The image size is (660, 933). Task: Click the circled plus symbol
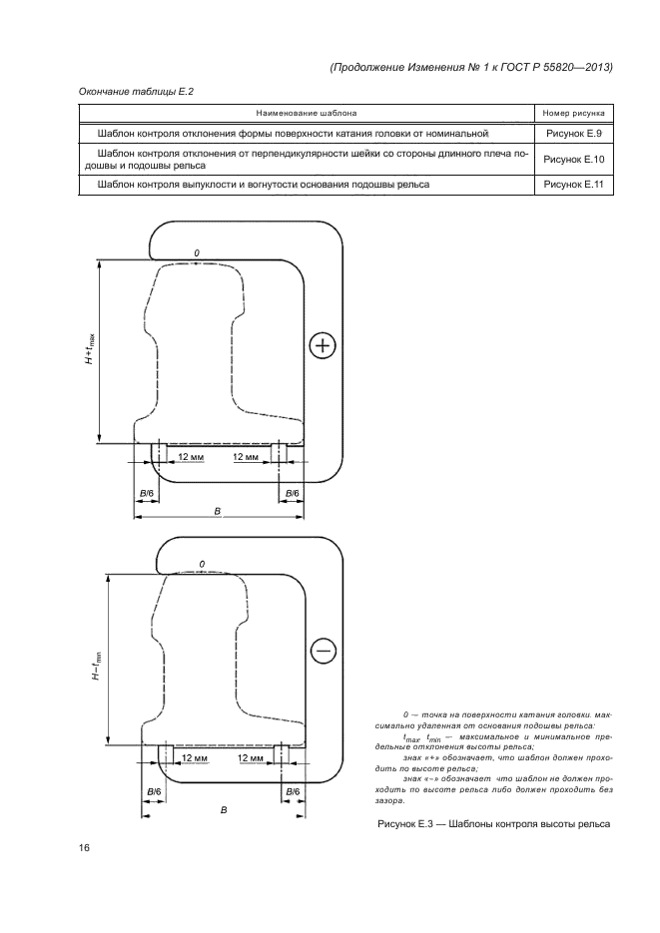[x=322, y=347]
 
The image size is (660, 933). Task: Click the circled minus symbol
[x=324, y=652]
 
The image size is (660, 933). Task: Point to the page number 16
[x=85, y=848]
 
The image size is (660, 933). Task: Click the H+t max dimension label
[x=91, y=349]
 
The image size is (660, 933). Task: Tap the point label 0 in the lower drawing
[x=202, y=565]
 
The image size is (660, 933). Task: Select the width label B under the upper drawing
[x=218, y=510]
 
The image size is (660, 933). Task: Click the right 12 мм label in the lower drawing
[x=254, y=758]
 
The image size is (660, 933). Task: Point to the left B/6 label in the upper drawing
[x=147, y=494]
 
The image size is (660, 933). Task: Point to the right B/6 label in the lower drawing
[x=293, y=791]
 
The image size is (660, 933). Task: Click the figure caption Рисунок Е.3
[x=492, y=824]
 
